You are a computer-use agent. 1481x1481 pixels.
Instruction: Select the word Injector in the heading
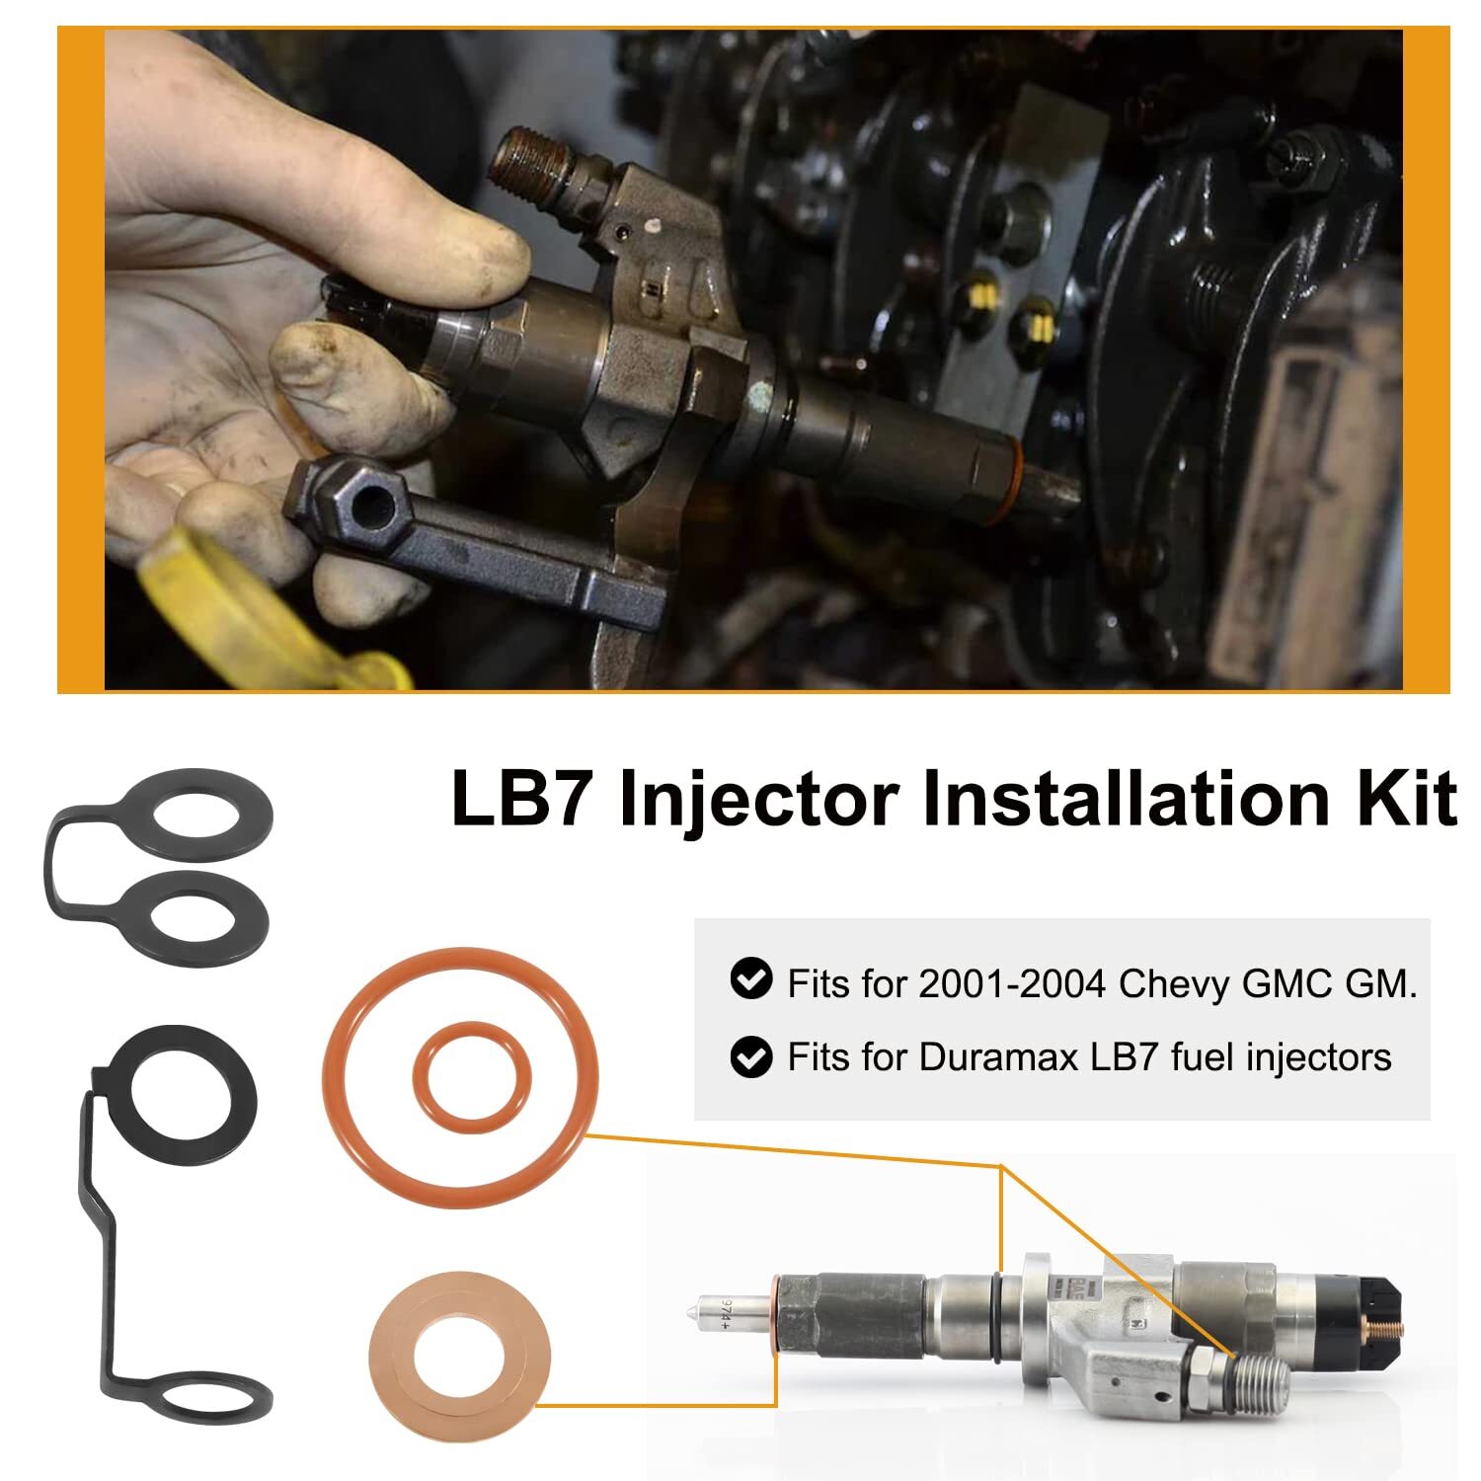click(757, 800)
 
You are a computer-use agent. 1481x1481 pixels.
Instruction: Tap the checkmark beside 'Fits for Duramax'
click(750, 1056)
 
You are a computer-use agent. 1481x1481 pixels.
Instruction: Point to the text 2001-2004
click(1011, 983)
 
